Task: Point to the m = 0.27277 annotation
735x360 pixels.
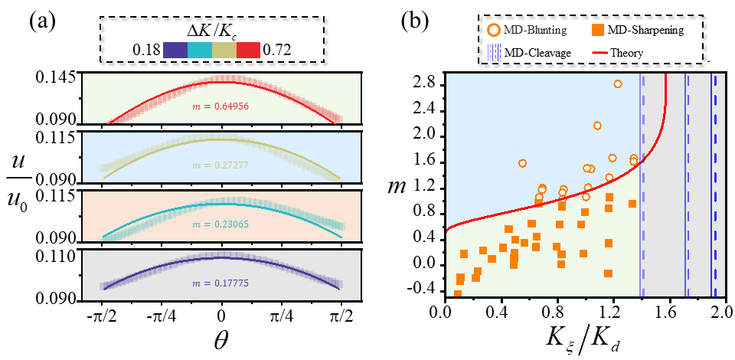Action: pyautogui.click(x=222, y=165)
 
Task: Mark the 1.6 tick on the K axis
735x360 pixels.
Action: pyautogui.click(x=667, y=312)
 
